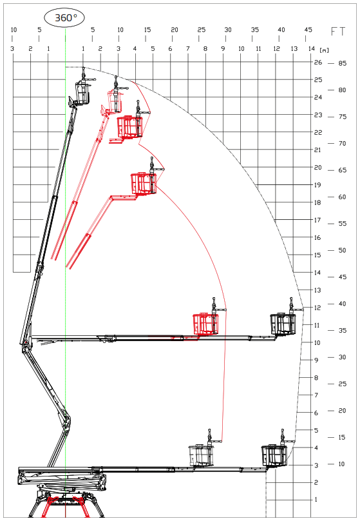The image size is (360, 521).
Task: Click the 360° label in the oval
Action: [x=65, y=17]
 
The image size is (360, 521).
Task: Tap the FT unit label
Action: [x=338, y=31]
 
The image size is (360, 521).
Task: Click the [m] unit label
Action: [x=324, y=50]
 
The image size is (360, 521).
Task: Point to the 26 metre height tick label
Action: [x=318, y=62]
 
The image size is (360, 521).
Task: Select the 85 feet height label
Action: [x=343, y=63]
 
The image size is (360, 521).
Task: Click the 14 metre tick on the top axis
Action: [x=311, y=48]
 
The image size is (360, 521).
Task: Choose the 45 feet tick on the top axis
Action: [x=308, y=30]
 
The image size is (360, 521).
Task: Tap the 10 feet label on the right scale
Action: [x=342, y=464]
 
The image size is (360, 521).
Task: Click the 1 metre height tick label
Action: [x=316, y=499]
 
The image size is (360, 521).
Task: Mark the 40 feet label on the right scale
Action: [x=342, y=304]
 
